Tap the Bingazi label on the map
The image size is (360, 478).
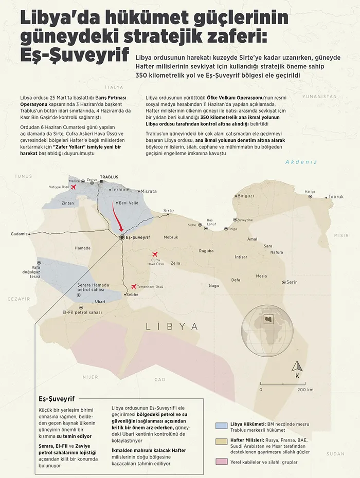(x=245, y=195)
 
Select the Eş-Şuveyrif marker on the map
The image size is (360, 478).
(x=122, y=237)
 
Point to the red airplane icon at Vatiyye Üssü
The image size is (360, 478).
(x=73, y=187)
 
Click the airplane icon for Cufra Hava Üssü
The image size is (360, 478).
(x=154, y=254)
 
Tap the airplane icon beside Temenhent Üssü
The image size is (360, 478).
(x=134, y=286)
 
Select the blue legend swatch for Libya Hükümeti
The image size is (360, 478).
(x=222, y=425)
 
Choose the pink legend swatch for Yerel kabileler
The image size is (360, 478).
(x=222, y=462)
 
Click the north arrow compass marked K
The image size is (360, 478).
(x=297, y=370)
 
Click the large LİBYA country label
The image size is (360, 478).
(x=172, y=326)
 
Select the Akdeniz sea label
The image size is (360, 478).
(x=301, y=162)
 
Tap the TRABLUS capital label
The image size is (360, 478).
(x=109, y=176)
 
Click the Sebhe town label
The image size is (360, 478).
(x=133, y=295)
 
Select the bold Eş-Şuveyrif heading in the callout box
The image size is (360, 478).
(x=57, y=398)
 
